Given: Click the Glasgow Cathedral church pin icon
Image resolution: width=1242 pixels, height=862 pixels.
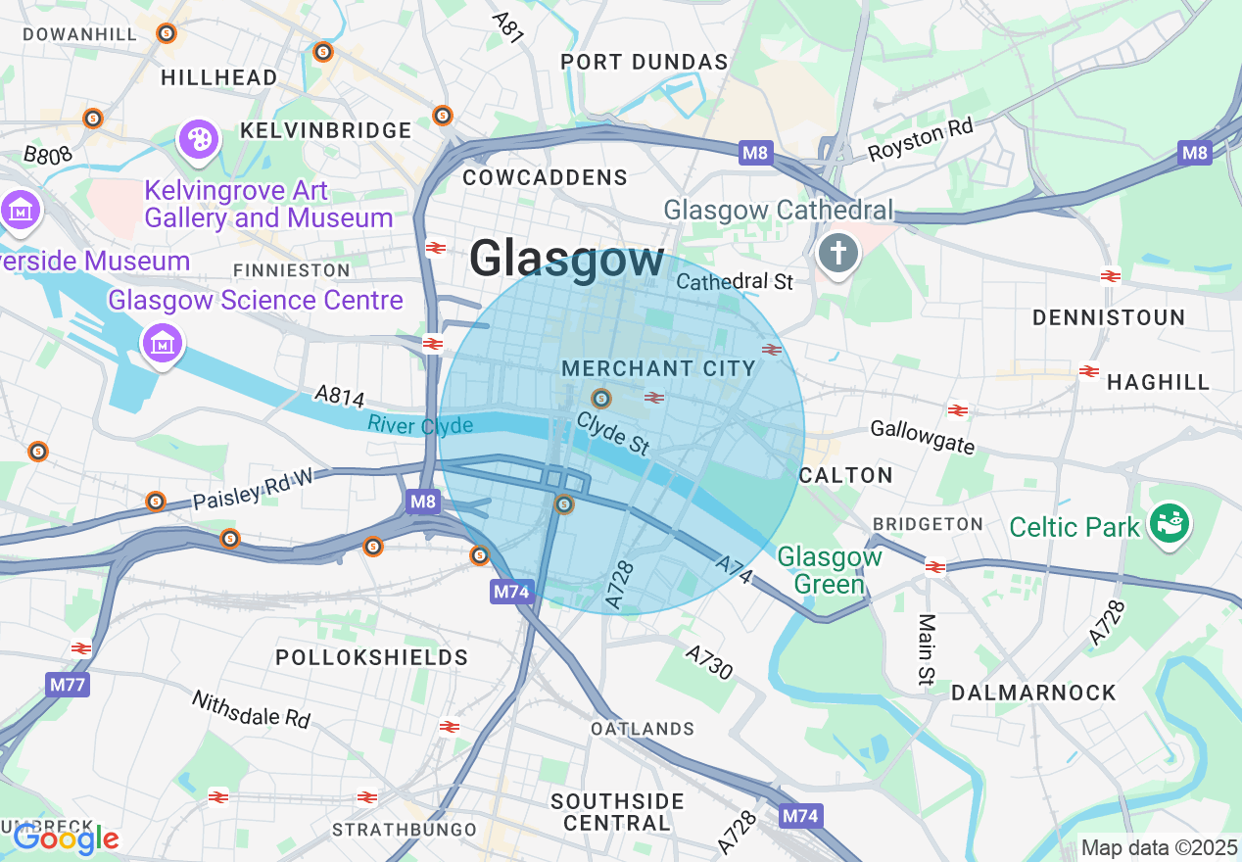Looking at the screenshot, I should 838,255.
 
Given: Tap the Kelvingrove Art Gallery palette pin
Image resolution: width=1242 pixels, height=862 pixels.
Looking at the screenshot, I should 199,139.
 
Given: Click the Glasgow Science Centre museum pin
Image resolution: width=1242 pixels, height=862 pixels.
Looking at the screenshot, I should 163,343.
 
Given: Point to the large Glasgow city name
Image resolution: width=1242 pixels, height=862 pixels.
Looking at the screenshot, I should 566,261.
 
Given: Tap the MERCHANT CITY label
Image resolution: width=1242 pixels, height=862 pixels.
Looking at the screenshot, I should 658,369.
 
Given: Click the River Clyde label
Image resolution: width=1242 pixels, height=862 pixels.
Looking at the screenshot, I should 420,425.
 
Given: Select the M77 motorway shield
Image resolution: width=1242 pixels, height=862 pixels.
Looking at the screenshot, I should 67,684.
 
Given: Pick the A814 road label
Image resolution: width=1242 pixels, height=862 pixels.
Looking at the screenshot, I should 339,396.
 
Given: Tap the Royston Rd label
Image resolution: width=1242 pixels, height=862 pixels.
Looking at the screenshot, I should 920,142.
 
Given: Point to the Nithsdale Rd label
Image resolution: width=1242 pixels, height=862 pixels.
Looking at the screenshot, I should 251,709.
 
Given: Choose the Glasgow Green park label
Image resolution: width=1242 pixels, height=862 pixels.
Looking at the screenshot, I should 829,571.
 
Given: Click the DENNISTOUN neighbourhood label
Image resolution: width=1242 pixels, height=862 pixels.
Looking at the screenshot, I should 1109,318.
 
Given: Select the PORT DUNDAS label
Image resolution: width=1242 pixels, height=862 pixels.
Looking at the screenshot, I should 644,63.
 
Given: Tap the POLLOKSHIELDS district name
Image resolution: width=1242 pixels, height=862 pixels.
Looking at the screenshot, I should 371,656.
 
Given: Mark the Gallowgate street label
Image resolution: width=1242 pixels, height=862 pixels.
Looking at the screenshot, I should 923,437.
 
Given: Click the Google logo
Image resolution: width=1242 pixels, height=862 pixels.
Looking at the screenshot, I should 66,838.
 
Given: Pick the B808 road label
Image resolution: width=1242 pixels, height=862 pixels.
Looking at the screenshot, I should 48,155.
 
